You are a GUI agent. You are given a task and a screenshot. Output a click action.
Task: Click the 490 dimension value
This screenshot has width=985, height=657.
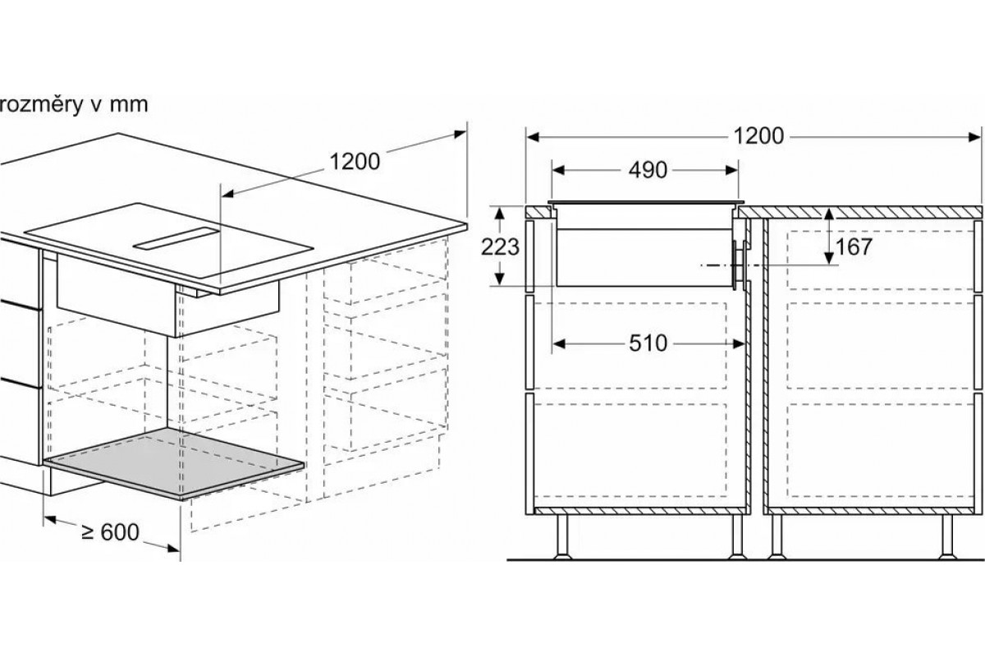[648, 170]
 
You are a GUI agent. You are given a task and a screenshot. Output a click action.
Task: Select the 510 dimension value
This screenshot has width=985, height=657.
[648, 343]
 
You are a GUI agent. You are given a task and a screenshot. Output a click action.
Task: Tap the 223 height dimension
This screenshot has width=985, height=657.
[500, 247]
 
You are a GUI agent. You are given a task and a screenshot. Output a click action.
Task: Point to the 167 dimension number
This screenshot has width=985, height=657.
[853, 247]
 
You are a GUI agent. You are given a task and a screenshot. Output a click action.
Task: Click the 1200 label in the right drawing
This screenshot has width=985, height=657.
[759, 136]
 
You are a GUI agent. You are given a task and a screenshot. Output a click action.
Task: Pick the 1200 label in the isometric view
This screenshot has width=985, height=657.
[355, 162]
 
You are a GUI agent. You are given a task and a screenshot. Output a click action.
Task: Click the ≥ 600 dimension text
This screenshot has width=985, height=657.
[110, 532]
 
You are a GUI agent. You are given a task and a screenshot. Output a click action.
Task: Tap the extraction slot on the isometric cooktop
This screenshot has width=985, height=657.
[176, 239]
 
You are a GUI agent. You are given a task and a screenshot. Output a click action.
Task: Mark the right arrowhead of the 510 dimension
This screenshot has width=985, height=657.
[740, 343]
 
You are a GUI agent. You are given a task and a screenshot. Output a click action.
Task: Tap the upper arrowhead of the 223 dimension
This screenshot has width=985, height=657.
[499, 214]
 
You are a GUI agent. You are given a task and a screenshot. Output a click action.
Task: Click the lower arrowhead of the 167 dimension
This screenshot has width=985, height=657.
[829, 259]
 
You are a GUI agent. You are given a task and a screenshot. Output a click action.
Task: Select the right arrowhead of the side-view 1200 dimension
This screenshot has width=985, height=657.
[974, 137]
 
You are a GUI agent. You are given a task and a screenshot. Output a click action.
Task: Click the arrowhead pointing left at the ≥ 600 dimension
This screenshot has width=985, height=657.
[50, 520]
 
